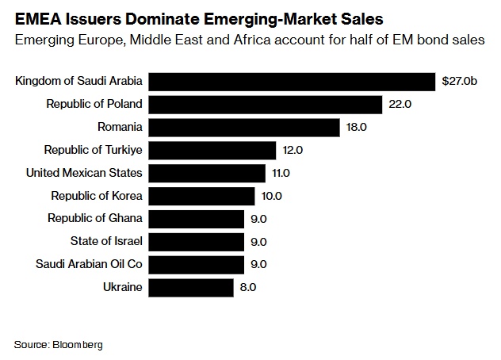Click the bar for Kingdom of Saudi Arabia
pyautogui.click(x=292, y=81)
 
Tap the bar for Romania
pyautogui.click(x=244, y=127)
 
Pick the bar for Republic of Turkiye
pyautogui.click(x=212, y=150)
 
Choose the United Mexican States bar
pyautogui.click(x=207, y=172)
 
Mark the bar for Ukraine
pyautogui.click(x=191, y=287)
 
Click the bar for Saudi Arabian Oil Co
pyautogui.click(x=197, y=264)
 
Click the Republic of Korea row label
pyautogui.click(x=97, y=195)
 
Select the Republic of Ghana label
pyautogui.click(x=95, y=218)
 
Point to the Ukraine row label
pyautogui.click(x=123, y=287)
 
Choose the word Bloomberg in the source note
pyautogui.click(x=78, y=345)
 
